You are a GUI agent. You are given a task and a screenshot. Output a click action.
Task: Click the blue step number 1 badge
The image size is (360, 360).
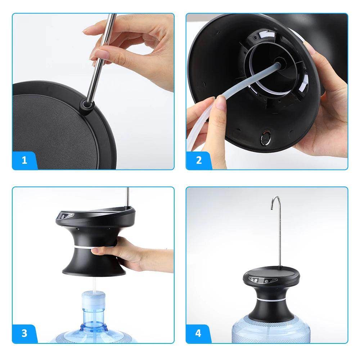[24, 160]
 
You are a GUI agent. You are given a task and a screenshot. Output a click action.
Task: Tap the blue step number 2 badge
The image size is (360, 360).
[199, 160]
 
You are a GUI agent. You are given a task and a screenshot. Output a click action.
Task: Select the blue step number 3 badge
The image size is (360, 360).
[24, 333]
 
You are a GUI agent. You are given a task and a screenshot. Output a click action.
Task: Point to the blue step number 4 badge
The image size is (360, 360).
[199, 333]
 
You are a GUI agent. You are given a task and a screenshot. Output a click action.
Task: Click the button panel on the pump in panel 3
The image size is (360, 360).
[67, 217]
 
